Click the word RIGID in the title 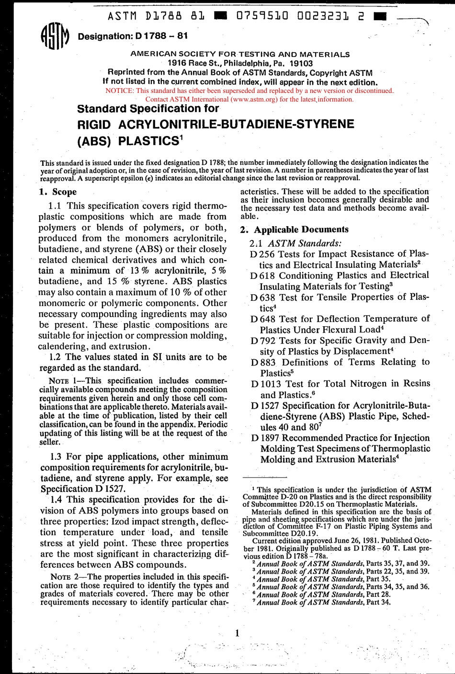[x=94, y=125]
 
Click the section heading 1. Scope [x=57, y=192]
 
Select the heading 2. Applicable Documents [x=294, y=229]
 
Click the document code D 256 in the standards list [x=262, y=254]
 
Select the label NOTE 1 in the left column [x=66, y=381]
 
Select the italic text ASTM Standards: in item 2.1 [x=305, y=243]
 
